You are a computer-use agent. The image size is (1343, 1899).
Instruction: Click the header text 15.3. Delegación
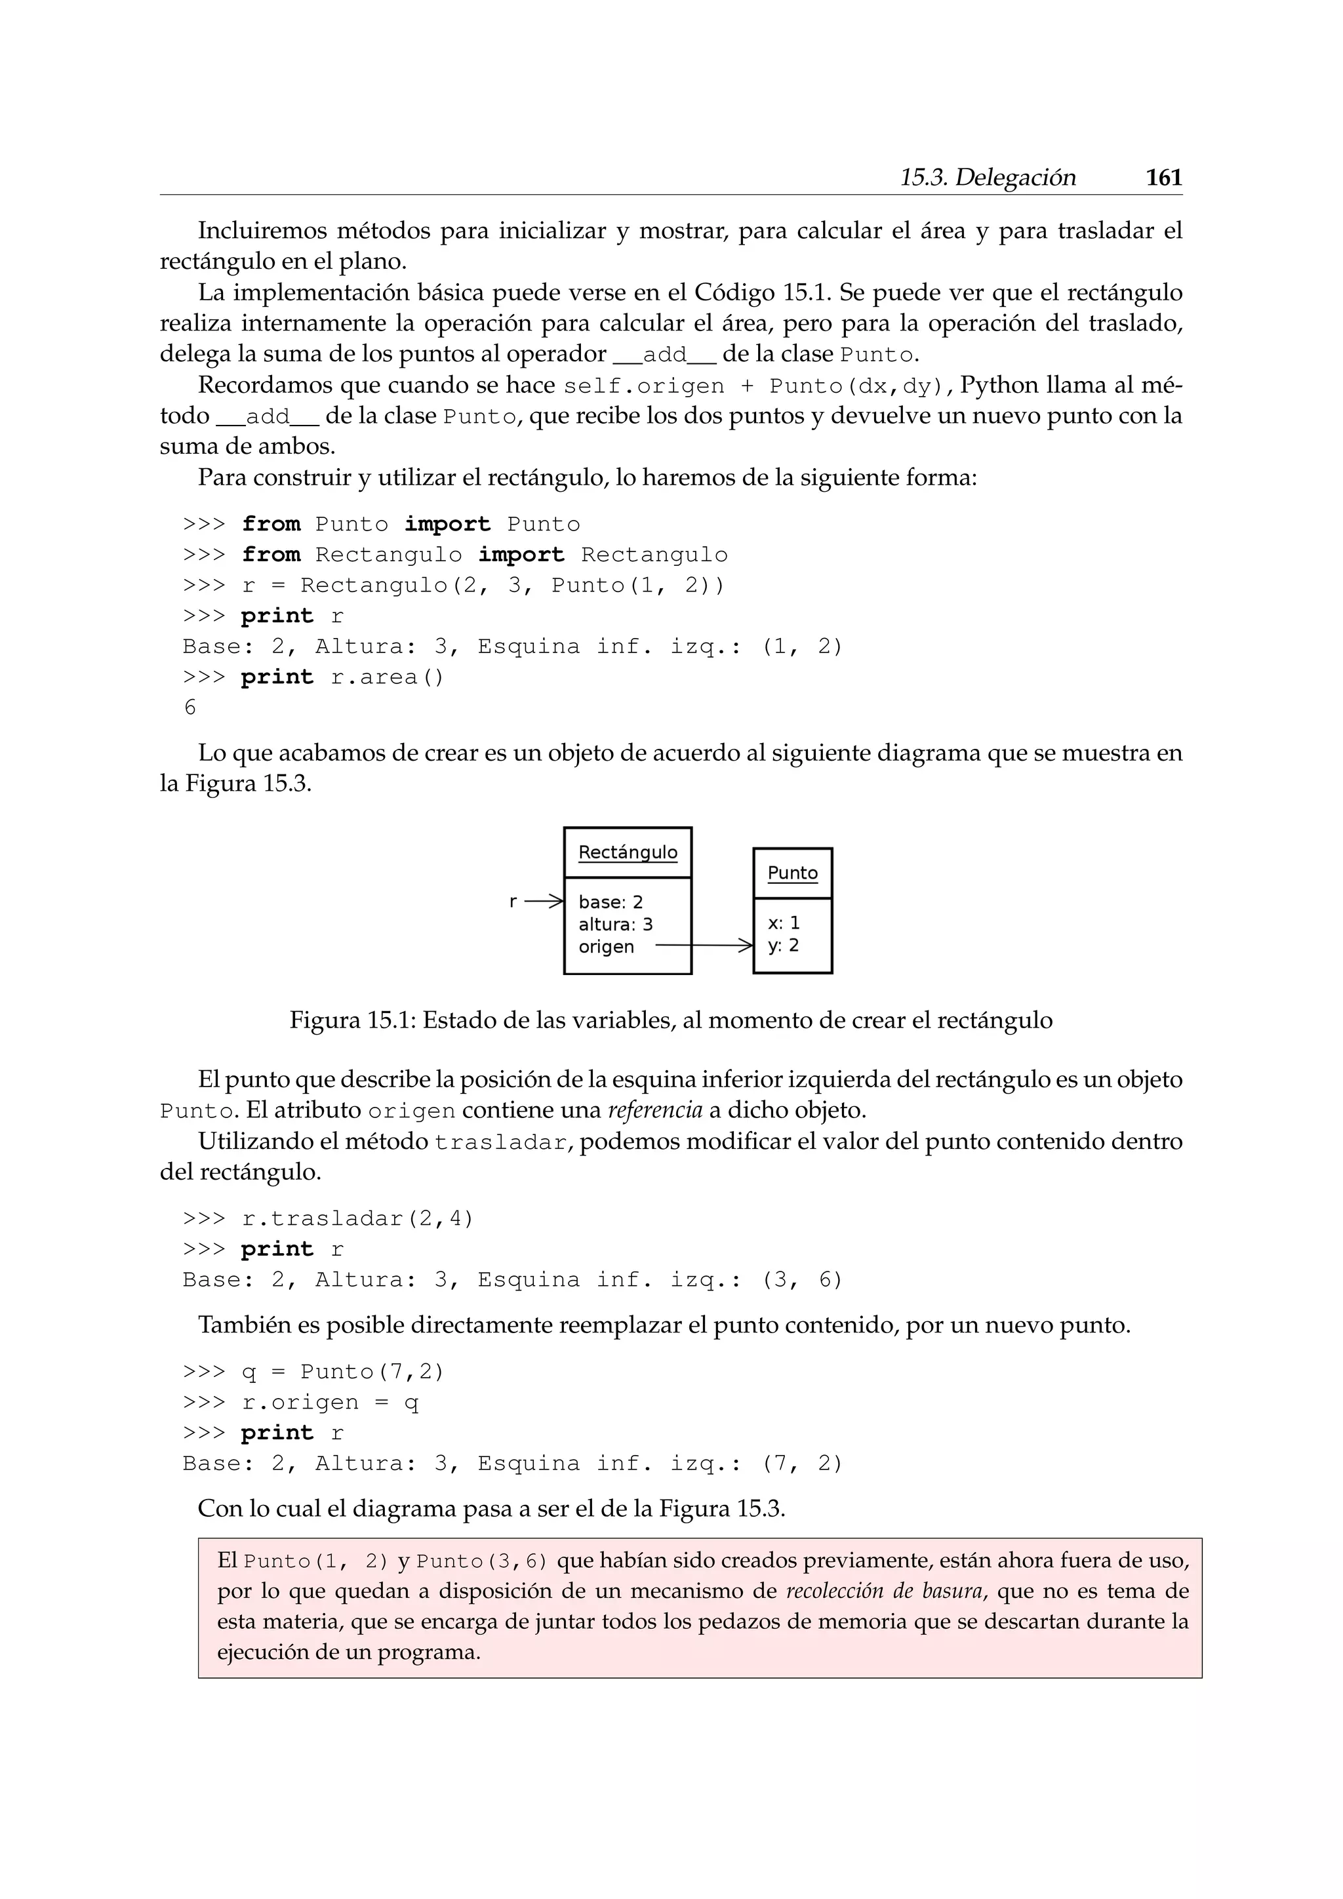988,178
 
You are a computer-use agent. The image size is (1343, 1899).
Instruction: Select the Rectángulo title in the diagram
628,852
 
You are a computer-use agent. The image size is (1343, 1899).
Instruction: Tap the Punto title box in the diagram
792,873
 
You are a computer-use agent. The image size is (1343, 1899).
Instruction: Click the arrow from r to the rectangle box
544,902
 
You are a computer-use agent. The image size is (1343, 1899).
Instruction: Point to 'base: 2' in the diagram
611,902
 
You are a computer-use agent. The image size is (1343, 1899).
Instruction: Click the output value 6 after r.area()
190,708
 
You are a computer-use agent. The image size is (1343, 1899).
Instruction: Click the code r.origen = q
330,1403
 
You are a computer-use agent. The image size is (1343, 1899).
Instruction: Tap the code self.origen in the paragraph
643,386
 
